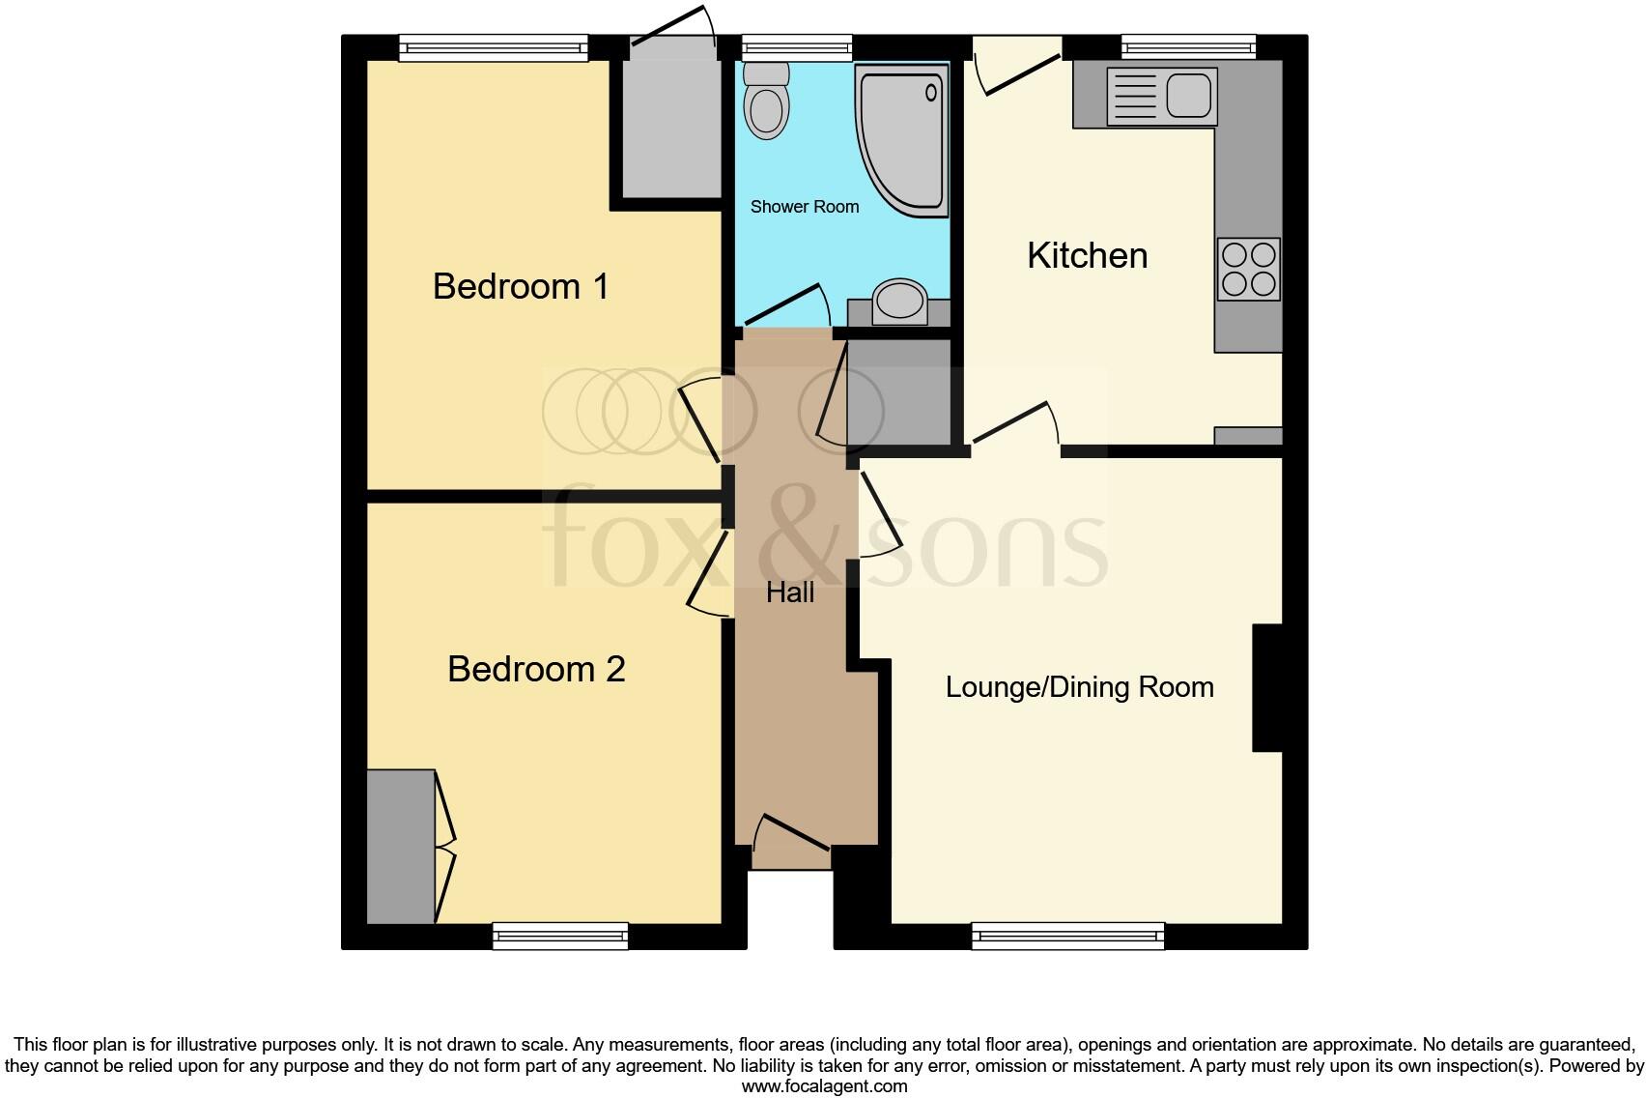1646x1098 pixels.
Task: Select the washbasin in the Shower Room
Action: coord(899,301)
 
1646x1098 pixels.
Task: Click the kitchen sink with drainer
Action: coord(1162,97)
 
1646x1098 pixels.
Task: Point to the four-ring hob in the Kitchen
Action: coord(1248,270)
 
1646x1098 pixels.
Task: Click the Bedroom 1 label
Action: coord(521,286)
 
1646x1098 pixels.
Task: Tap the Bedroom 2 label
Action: coord(536,669)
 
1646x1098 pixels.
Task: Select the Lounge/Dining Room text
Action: coord(1079,687)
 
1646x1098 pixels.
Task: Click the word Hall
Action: coord(790,592)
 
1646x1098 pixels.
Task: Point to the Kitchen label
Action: coord(1087,255)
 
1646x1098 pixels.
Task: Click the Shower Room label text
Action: coord(804,207)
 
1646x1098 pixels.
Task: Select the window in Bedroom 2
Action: coord(560,935)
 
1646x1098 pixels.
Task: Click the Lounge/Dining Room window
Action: coord(1067,935)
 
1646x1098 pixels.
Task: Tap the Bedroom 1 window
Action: coord(493,47)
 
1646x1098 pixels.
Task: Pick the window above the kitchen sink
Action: coord(1188,46)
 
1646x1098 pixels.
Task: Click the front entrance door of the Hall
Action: coord(791,841)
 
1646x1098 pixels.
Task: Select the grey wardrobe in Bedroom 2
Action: coord(401,846)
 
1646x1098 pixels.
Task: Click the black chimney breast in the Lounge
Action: coord(1267,687)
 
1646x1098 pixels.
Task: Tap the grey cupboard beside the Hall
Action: coord(898,391)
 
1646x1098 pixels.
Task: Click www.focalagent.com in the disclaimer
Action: coord(824,1085)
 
